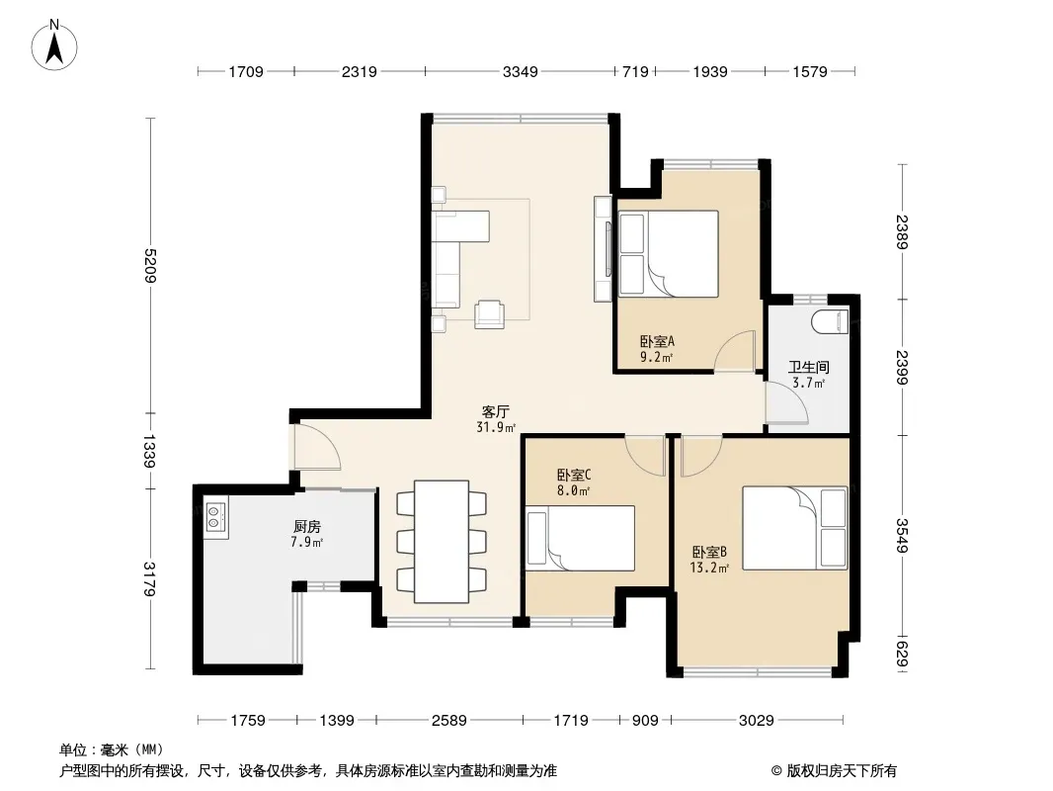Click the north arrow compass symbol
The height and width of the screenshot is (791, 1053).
coord(54,45)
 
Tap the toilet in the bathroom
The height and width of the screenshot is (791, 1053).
coord(830,321)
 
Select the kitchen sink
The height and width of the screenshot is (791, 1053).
coord(216,517)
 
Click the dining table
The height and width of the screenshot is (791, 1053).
coord(442,541)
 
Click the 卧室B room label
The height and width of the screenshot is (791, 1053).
coord(709,553)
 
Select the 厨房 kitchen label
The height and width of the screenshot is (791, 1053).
coord(307,527)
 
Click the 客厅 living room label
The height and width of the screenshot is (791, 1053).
coord(496,411)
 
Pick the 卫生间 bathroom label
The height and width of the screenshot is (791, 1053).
coord(809,367)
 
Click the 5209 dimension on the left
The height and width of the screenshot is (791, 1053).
coord(149,265)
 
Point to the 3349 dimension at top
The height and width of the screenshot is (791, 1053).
coord(520,71)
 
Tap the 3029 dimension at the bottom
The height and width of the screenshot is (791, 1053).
coord(757,721)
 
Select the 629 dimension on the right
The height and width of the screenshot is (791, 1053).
coord(902,655)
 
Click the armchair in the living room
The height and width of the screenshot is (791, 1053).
coord(490,313)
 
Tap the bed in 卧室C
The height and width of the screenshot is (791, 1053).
coord(580,538)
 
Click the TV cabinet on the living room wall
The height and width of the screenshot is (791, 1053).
coord(604,248)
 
